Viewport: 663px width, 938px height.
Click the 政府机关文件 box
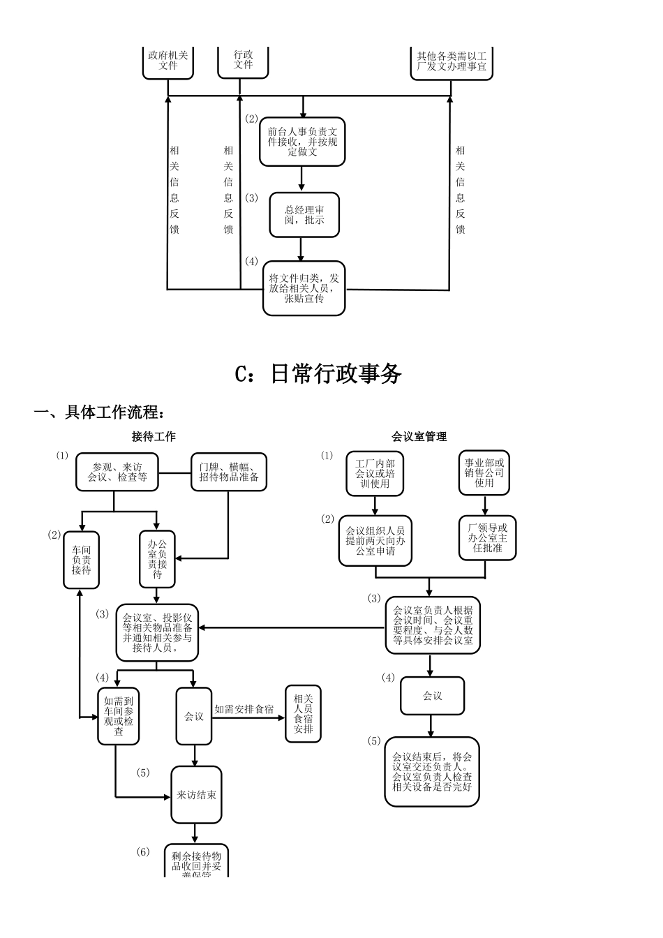[x=168, y=61]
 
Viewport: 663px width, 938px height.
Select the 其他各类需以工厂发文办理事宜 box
[x=451, y=62]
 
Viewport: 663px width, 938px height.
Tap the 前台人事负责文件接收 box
[x=302, y=142]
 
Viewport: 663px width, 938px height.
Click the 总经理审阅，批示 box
[x=304, y=215]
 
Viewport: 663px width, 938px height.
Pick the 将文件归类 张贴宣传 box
[x=304, y=288]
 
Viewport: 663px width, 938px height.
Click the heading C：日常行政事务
[x=318, y=374]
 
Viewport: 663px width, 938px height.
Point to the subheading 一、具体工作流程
[x=100, y=412]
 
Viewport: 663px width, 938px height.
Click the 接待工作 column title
[x=154, y=437]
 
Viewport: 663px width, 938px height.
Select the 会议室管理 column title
[x=419, y=437]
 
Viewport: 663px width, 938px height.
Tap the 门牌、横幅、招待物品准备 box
[x=229, y=472]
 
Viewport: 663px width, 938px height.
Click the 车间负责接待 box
[x=81, y=560]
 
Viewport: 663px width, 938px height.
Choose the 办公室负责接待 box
[x=157, y=559]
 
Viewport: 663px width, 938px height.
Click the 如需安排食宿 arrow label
[x=244, y=710]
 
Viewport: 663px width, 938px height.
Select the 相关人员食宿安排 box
[x=303, y=714]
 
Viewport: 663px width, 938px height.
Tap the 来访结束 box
[x=196, y=795]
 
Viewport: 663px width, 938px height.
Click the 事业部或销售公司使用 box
[x=484, y=472]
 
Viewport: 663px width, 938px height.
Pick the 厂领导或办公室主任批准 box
[x=487, y=538]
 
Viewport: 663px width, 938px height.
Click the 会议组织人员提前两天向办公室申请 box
[x=375, y=541]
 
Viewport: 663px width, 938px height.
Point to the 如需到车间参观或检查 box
[x=119, y=716]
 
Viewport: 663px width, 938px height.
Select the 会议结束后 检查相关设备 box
[x=432, y=772]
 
